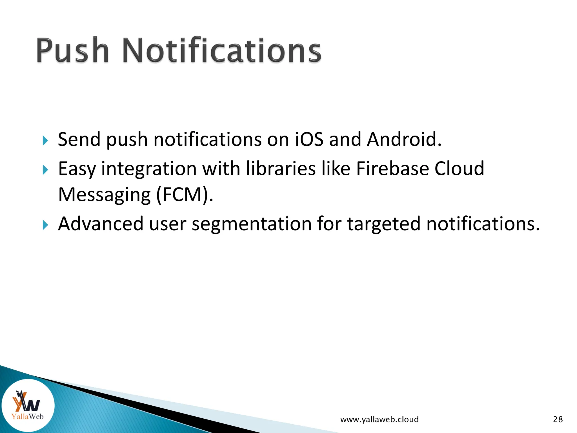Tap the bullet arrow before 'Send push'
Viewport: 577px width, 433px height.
[x=45, y=140]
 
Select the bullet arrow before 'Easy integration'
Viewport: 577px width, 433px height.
[x=45, y=170]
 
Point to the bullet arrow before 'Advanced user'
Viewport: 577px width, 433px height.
[x=45, y=225]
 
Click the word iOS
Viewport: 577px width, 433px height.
[x=309, y=139]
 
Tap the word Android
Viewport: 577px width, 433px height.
[x=404, y=139]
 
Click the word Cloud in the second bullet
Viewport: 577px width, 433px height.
[x=459, y=169]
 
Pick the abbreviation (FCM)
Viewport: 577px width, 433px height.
[x=185, y=195]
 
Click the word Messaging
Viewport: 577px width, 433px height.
[x=104, y=195]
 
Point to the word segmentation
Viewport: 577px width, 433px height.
[x=251, y=224]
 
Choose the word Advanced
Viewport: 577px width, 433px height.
[x=101, y=224]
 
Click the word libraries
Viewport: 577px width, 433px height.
[x=281, y=169]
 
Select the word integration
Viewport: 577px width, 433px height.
[x=149, y=169]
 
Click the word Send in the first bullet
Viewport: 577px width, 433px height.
[x=79, y=139]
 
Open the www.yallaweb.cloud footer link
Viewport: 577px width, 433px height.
[x=379, y=419]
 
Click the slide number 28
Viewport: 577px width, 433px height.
[x=558, y=419]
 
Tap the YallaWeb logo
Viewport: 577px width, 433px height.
[x=28, y=405]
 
